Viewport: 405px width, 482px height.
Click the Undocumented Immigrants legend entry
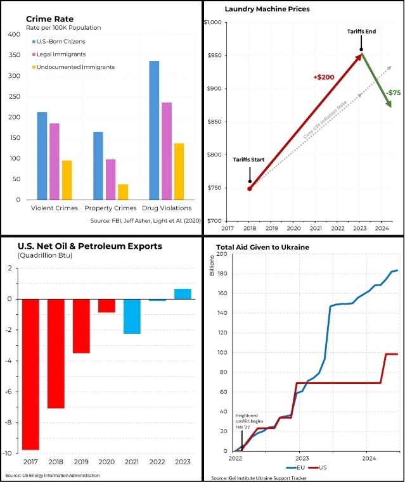coord(74,67)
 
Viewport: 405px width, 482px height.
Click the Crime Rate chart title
coord(47,19)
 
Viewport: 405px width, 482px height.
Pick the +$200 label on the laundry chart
coord(323,77)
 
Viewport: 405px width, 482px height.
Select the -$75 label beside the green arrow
coord(394,92)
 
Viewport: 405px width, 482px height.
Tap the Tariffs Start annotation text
coord(248,160)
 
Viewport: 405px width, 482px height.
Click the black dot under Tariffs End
coord(361,49)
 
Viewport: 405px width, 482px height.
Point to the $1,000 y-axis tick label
coord(212,23)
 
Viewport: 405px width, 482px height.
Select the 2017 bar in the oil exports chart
coord(30,374)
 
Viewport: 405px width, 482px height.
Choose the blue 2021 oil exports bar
coord(132,316)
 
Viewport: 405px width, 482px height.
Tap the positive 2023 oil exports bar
coord(183,293)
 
